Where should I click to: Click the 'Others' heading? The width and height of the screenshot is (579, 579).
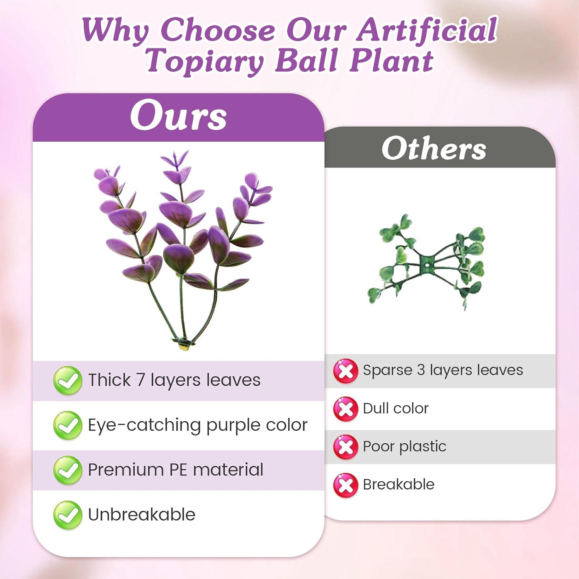tap(434, 149)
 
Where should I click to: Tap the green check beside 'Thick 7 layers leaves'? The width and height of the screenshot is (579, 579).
tap(68, 380)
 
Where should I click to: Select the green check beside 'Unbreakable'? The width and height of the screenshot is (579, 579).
tap(68, 515)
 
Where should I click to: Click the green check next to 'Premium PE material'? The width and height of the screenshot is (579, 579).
tap(68, 470)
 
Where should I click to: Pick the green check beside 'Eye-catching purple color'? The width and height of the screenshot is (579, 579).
tap(68, 425)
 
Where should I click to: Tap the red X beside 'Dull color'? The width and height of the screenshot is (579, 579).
tap(345, 409)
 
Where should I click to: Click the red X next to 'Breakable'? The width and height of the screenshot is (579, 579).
tap(345, 485)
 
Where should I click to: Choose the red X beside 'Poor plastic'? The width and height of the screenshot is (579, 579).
tap(345, 447)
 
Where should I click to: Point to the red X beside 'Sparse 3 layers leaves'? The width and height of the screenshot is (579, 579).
tap(345, 371)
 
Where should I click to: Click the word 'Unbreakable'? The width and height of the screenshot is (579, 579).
tap(142, 515)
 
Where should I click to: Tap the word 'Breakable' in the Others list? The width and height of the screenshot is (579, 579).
tap(399, 484)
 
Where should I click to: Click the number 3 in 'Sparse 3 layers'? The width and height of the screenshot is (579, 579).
tap(421, 370)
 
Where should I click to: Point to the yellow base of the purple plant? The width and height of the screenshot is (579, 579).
tap(184, 346)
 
